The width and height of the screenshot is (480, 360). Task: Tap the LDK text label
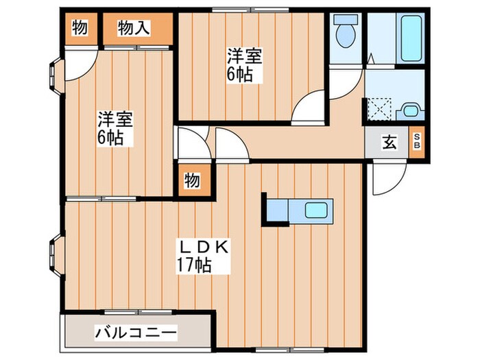204,247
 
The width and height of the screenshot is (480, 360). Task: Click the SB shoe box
417,143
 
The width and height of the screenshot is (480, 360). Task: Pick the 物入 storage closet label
134,29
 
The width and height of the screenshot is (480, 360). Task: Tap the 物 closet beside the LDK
191,180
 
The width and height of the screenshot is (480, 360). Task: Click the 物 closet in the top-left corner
79,29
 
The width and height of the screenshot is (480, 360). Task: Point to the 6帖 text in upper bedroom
241,73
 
